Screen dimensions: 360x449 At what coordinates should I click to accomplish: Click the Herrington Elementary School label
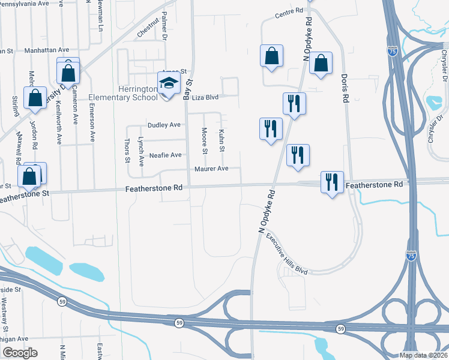click(x=123, y=93)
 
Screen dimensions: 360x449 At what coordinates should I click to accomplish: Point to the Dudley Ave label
click(x=164, y=125)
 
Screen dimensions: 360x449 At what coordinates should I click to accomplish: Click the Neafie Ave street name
click(x=164, y=155)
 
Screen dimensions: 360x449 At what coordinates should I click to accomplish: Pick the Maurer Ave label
click(x=211, y=169)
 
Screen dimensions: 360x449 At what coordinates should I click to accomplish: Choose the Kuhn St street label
click(x=222, y=140)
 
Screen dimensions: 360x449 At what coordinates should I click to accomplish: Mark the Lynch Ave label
click(x=141, y=148)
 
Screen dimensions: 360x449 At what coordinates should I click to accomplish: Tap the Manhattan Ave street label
click(x=47, y=50)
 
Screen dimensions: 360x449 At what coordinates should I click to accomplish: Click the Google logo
click(x=19, y=353)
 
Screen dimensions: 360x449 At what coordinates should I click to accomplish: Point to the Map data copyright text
click(x=424, y=355)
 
